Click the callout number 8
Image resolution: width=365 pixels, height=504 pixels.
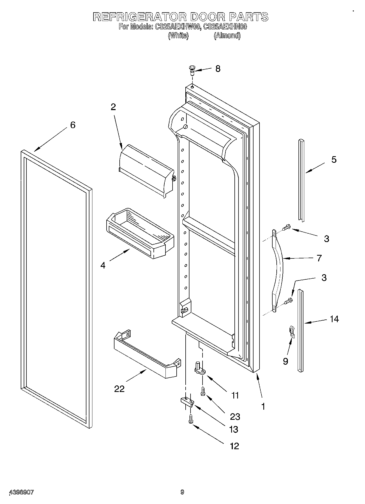tap(218, 69)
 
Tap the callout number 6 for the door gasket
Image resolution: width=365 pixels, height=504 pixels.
tap(73, 125)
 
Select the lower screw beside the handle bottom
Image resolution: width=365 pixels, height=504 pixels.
tap(288, 301)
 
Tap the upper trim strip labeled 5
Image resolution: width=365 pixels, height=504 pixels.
tap(301, 180)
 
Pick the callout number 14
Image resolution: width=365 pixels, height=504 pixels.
tap(334, 319)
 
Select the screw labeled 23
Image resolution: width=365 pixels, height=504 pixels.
tap(203, 392)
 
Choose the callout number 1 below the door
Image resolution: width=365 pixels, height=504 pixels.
tap(263, 407)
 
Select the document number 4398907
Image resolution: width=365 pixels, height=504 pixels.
tap(22, 492)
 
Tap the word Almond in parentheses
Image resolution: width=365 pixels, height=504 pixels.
tap(227, 35)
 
